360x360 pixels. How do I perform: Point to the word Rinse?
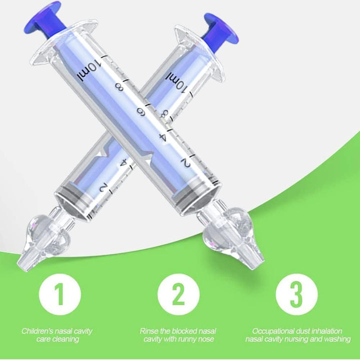(149, 331)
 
